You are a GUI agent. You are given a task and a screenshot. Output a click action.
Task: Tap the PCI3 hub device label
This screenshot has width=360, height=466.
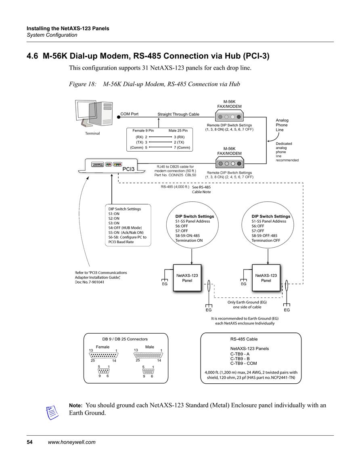(x=128, y=169)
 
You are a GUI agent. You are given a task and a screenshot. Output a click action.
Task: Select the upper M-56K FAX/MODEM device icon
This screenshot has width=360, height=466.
(x=230, y=116)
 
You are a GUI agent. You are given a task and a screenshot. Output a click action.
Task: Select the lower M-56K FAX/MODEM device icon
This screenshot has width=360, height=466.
(x=230, y=163)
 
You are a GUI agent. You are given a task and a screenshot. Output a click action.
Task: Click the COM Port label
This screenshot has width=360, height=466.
(x=129, y=114)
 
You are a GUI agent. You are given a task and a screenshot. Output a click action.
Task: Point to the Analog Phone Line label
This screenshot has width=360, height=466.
(x=282, y=125)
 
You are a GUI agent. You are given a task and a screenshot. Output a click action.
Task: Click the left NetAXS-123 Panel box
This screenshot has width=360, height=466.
(x=187, y=278)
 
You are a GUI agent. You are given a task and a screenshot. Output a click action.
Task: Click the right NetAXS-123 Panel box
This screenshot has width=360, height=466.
(x=266, y=278)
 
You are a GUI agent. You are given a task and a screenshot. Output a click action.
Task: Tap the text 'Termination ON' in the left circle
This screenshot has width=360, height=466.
(x=189, y=240)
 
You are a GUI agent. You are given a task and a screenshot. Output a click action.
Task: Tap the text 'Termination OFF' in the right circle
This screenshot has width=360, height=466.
(x=266, y=240)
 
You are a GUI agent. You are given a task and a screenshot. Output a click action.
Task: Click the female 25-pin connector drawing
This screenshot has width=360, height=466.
(x=103, y=355)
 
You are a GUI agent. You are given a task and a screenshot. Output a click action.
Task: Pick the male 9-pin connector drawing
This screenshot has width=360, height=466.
(x=148, y=371)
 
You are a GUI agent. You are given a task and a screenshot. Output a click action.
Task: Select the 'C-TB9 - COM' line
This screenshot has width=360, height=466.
(x=243, y=363)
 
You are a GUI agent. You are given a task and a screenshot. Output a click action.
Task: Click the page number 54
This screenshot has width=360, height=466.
(x=29, y=442)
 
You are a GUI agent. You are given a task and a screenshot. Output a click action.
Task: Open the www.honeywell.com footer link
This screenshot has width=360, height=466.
(x=72, y=442)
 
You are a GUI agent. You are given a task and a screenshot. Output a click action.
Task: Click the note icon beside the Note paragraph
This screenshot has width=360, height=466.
(x=52, y=412)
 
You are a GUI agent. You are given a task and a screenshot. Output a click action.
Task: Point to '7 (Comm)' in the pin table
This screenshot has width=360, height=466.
(x=182, y=147)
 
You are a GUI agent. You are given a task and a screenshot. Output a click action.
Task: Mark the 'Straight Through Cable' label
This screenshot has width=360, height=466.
(x=178, y=114)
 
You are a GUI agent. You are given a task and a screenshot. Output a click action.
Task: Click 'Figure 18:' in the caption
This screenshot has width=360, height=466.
(x=83, y=84)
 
